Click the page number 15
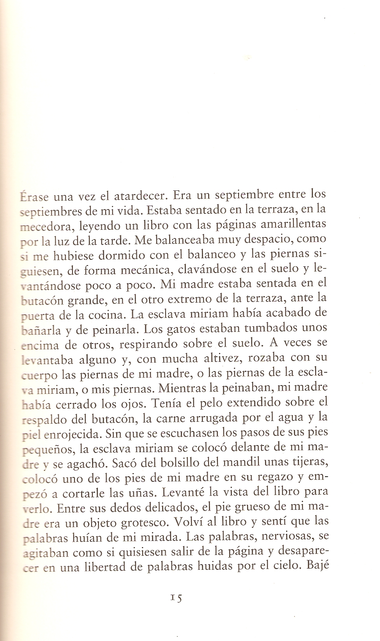[177, 598]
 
